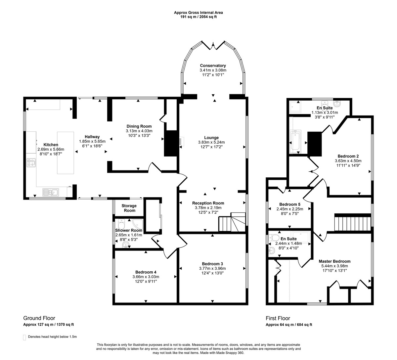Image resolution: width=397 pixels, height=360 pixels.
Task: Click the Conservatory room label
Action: click(x=213, y=66)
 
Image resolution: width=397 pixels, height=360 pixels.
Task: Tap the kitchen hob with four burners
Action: click(x=31, y=163)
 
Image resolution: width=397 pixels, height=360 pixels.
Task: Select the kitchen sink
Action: click(x=51, y=192)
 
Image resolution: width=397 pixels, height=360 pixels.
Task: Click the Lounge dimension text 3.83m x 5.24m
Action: click(x=211, y=142)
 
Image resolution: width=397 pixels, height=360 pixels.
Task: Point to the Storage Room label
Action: click(x=129, y=208)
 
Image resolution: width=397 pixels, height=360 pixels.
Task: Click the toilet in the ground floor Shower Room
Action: click(x=121, y=224)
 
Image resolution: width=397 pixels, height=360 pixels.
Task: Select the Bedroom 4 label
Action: click(x=146, y=272)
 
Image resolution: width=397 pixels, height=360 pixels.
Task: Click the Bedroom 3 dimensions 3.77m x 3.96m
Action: click(x=212, y=268)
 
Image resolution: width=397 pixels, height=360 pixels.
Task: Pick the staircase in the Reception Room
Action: click(x=232, y=222)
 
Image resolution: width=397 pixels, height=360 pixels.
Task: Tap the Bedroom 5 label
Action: click(x=290, y=204)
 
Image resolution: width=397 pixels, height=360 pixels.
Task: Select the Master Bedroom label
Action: click(x=334, y=261)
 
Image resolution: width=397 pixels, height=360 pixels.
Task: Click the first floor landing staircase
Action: click(x=352, y=224)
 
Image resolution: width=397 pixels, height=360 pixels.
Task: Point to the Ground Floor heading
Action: click(x=39, y=318)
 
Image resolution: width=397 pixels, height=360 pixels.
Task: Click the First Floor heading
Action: click(x=278, y=318)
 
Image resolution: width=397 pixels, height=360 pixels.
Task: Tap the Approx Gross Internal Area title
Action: click(x=198, y=13)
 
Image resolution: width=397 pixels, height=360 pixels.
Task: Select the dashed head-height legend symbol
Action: click(x=24, y=337)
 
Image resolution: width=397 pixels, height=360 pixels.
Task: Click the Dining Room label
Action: click(x=139, y=126)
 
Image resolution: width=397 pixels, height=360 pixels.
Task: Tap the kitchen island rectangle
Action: click(x=66, y=153)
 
